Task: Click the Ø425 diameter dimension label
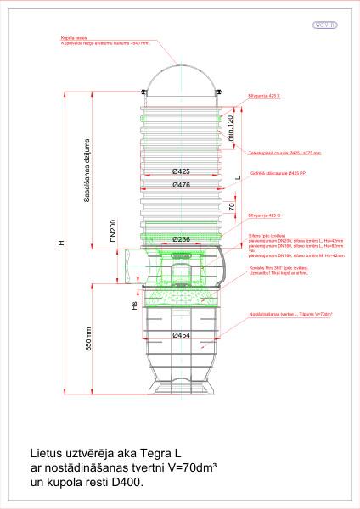[x=180, y=172]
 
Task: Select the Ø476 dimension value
[x=180, y=185]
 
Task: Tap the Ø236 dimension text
[x=181, y=240]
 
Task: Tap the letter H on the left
[x=60, y=243]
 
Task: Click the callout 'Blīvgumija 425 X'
[x=261, y=96]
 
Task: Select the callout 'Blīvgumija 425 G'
[x=261, y=216]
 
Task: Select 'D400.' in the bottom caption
[x=130, y=480]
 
